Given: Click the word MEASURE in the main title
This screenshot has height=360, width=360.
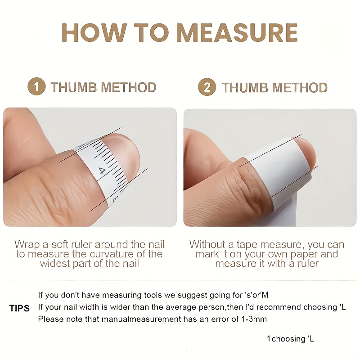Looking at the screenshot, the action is (237, 32).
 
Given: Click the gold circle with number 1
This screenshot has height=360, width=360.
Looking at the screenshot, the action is (36, 86).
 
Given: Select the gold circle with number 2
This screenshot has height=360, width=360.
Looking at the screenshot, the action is (207, 87).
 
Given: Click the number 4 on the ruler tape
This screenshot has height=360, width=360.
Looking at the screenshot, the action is (102, 171).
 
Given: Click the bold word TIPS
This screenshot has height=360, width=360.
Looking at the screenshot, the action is (19, 308).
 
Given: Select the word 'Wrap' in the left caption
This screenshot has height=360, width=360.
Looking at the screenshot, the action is (27, 245).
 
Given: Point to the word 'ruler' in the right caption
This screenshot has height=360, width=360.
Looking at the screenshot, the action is (308, 264).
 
